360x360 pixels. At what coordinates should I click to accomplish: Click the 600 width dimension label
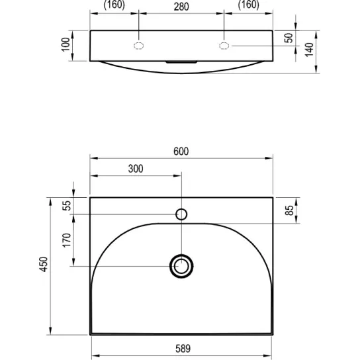point(181,152)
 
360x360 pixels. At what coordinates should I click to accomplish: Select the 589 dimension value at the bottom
point(183,349)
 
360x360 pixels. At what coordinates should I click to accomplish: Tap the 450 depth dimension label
point(44,264)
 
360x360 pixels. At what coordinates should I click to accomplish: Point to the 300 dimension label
point(136,169)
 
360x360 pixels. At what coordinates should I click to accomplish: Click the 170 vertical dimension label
point(67,240)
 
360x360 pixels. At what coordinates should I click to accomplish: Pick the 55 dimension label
point(67,206)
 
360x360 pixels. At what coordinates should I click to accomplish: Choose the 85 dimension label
point(289,210)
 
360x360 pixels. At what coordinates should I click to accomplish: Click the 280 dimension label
point(181,7)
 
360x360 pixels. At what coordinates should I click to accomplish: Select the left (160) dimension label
point(114,5)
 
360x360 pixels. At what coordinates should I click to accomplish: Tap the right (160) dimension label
point(248,5)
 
